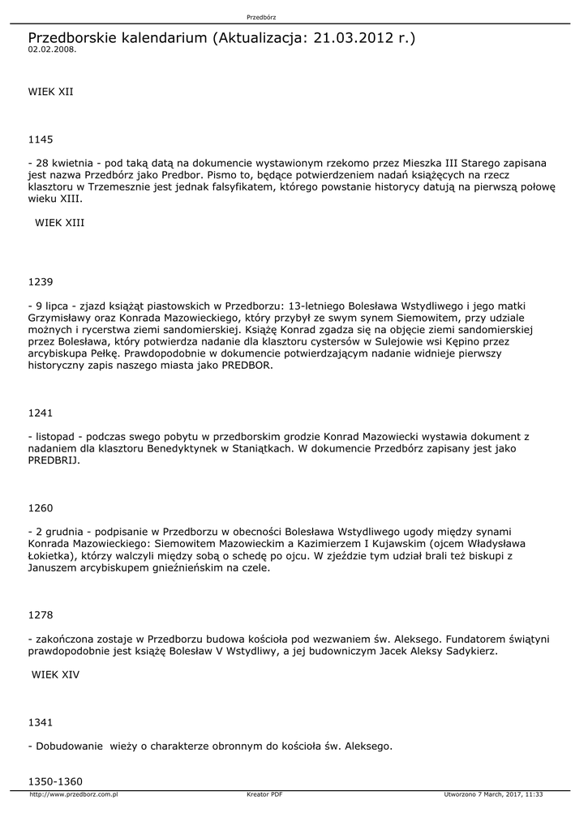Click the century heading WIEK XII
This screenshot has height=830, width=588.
[50, 92]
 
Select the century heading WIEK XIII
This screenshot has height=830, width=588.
[59, 221]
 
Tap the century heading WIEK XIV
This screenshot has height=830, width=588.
[55, 674]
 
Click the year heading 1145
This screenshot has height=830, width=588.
[40, 139]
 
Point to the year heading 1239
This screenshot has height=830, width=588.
[40, 282]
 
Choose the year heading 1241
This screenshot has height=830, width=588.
[40, 413]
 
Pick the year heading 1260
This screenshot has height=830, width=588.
[40, 508]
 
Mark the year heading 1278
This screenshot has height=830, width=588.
[40, 615]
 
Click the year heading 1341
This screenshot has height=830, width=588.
[40, 721]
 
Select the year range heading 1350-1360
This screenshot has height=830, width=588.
[55, 781]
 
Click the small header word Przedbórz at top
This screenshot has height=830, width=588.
[260, 17]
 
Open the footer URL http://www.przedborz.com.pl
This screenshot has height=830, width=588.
[74, 794]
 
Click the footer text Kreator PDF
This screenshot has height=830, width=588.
[264, 794]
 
